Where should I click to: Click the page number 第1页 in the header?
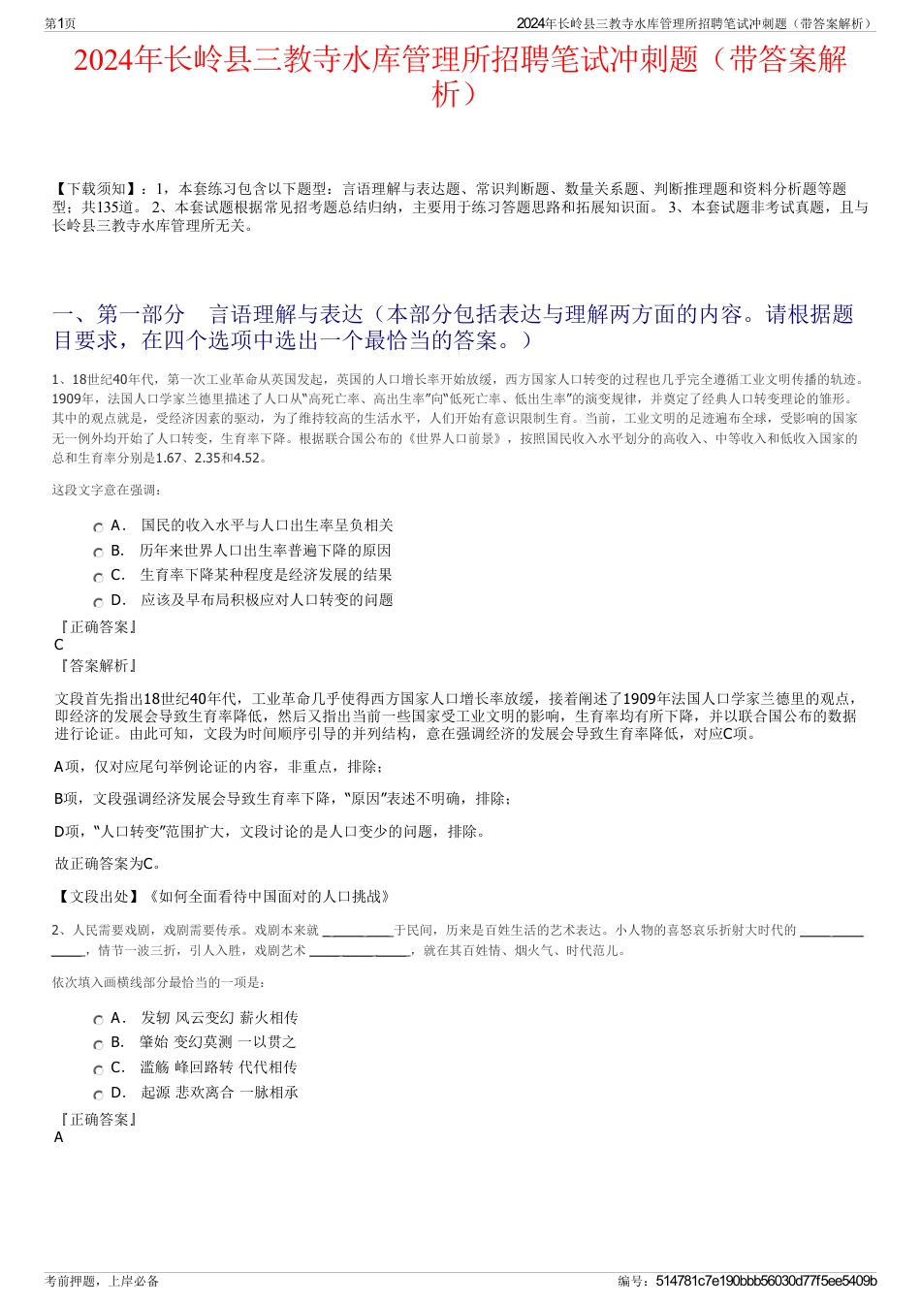click(60, 23)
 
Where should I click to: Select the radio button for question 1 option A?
click(98, 527)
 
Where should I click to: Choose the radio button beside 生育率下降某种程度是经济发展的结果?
click(98, 577)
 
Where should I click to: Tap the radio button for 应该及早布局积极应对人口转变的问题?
click(98, 602)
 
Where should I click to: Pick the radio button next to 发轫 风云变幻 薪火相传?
click(98, 1020)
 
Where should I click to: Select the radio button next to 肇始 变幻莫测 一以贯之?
click(98, 1044)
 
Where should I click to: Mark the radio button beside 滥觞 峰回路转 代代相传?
click(98, 1069)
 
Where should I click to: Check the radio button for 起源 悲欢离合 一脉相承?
click(98, 1095)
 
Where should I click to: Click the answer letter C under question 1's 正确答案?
click(59, 645)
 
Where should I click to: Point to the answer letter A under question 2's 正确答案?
click(59, 1137)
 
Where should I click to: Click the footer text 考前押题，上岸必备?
click(102, 1281)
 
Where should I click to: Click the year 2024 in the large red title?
click(104, 60)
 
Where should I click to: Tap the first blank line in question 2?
click(356, 931)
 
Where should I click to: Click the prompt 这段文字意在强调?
click(107, 490)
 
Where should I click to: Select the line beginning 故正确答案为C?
click(109, 863)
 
